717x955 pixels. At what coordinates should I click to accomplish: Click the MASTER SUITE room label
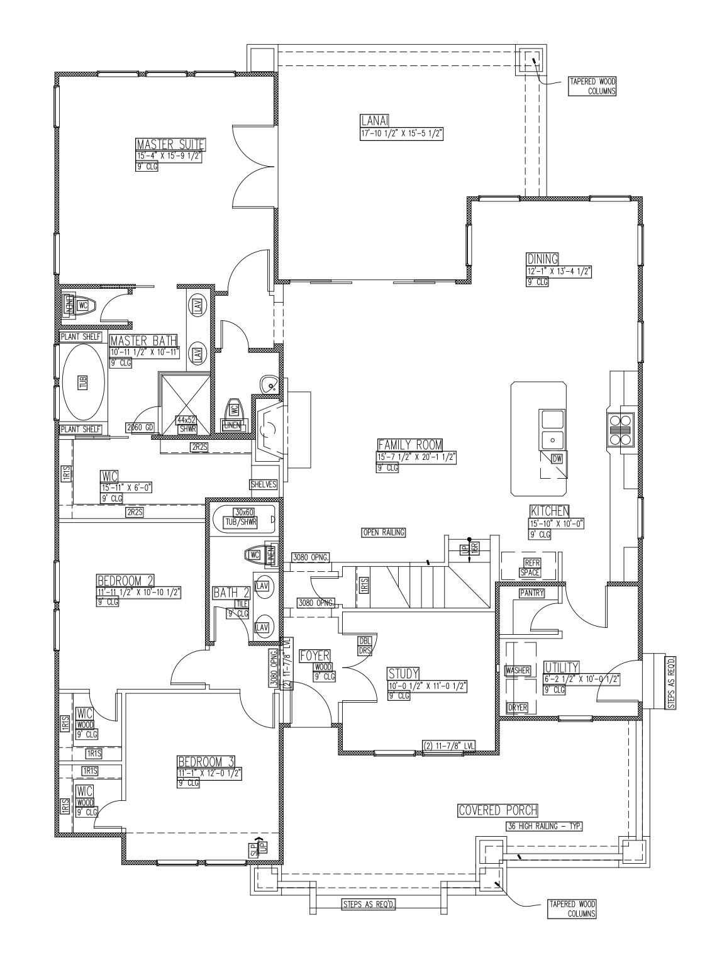click(171, 145)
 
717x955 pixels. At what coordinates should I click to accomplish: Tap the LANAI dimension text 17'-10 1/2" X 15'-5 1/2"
click(402, 133)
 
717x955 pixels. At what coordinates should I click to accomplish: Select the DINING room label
click(542, 259)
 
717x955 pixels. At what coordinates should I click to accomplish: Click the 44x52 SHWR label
click(186, 423)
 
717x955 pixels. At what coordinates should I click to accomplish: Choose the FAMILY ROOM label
click(410, 444)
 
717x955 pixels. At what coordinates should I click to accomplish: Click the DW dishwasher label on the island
click(557, 459)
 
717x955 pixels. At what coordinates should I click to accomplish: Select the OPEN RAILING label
click(384, 532)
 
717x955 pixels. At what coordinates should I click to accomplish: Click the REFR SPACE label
click(530, 567)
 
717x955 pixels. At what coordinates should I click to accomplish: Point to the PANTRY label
click(531, 593)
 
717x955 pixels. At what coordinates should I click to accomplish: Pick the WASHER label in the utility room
click(518, 671)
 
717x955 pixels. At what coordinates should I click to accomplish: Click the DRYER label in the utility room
click(518, 708)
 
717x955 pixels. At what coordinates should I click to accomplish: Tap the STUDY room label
click(403, 674)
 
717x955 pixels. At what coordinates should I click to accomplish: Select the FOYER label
click(314, 656)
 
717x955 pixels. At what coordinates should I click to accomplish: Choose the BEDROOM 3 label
click(206, 762)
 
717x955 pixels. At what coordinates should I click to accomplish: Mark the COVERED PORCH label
click(497, 810)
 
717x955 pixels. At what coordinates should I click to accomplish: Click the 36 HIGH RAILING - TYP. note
click(543, 826)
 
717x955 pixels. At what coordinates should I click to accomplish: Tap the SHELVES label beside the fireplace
click(264, 484)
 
